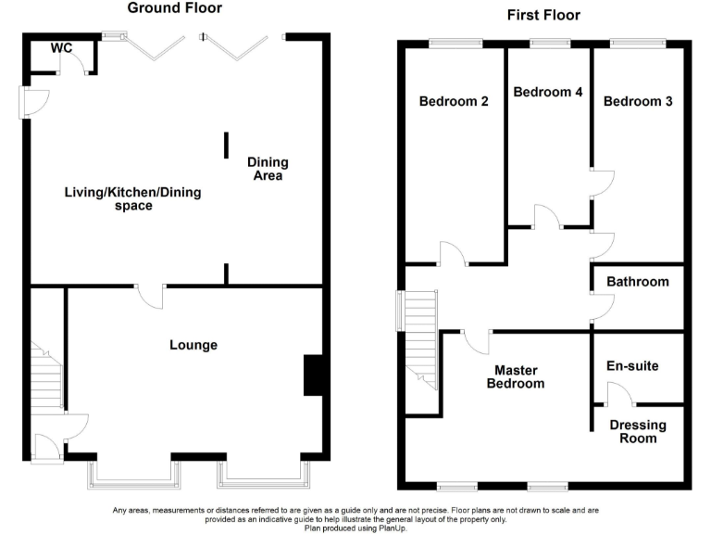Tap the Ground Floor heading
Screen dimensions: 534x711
[174, 8]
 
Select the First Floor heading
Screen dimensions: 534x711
[543, 15]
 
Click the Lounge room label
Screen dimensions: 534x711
[193, 345]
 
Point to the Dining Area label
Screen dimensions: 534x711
[266, 169]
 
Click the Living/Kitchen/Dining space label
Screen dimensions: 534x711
[132, 199]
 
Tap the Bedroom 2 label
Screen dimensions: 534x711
[454, 101]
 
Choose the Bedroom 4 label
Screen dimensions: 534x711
[548, 92]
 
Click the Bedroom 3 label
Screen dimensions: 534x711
[638, 101]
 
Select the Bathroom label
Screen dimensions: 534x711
[638, 282]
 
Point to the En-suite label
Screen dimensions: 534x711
[632, 366]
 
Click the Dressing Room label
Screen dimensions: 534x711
[638, 431]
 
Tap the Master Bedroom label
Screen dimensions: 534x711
[516, 375]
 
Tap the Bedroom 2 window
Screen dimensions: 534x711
[455, 41]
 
